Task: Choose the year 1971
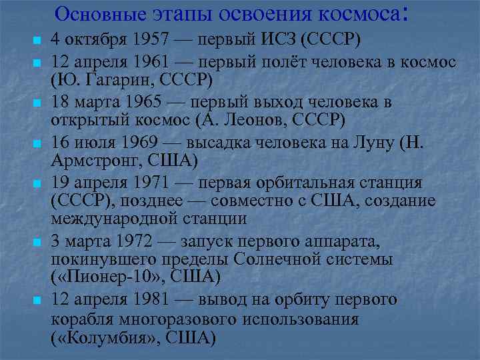152,183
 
